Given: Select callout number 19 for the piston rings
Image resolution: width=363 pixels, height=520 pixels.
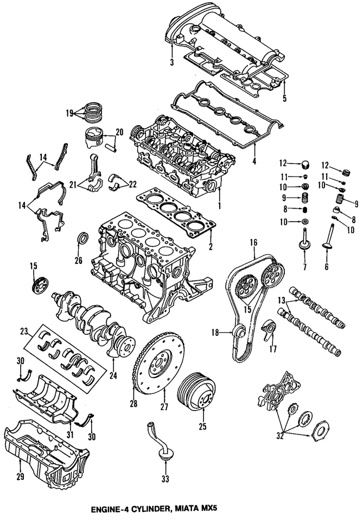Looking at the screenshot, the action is pyautogui.click(x=69, y=113).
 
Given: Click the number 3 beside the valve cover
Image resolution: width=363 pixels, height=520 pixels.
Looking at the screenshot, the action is pyautogui.click(x=171, y=63).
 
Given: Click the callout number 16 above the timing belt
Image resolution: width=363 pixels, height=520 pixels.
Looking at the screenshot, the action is pyautogui.click(x=253, y=244).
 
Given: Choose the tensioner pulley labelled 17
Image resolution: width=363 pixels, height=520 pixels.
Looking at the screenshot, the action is pyautogui.click(x=268, y=330).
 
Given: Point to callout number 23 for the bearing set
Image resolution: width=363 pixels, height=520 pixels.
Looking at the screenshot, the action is pyautogui.click(x=24, y=331).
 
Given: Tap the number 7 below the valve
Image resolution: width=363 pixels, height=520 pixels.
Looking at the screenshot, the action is pyautogui.click(x=304, y=267).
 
